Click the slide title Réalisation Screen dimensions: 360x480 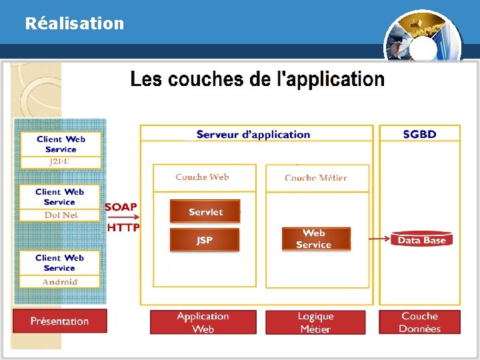click(75, 23)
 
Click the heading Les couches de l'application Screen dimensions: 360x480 click(257, 80)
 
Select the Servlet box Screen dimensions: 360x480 click(205, 212)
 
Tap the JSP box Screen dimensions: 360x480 click(205, 240)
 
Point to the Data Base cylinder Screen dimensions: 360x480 click(421, 240)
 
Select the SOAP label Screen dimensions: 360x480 click(121, 207)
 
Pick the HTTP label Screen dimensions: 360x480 click(123, 227)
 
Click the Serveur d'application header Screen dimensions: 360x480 click(253, 135)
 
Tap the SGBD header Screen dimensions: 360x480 click(420, 135)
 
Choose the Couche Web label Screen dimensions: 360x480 click(202, 177)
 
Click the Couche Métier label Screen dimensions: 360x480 click(315, 178)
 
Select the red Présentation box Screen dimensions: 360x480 click(59, 321)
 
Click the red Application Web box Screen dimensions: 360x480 click(203, 322)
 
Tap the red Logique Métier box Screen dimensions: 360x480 click(315, 323)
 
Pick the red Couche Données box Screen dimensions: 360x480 click(420, 322)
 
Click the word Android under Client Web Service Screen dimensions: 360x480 click(60, 282)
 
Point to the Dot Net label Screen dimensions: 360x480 click(61, 215)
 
